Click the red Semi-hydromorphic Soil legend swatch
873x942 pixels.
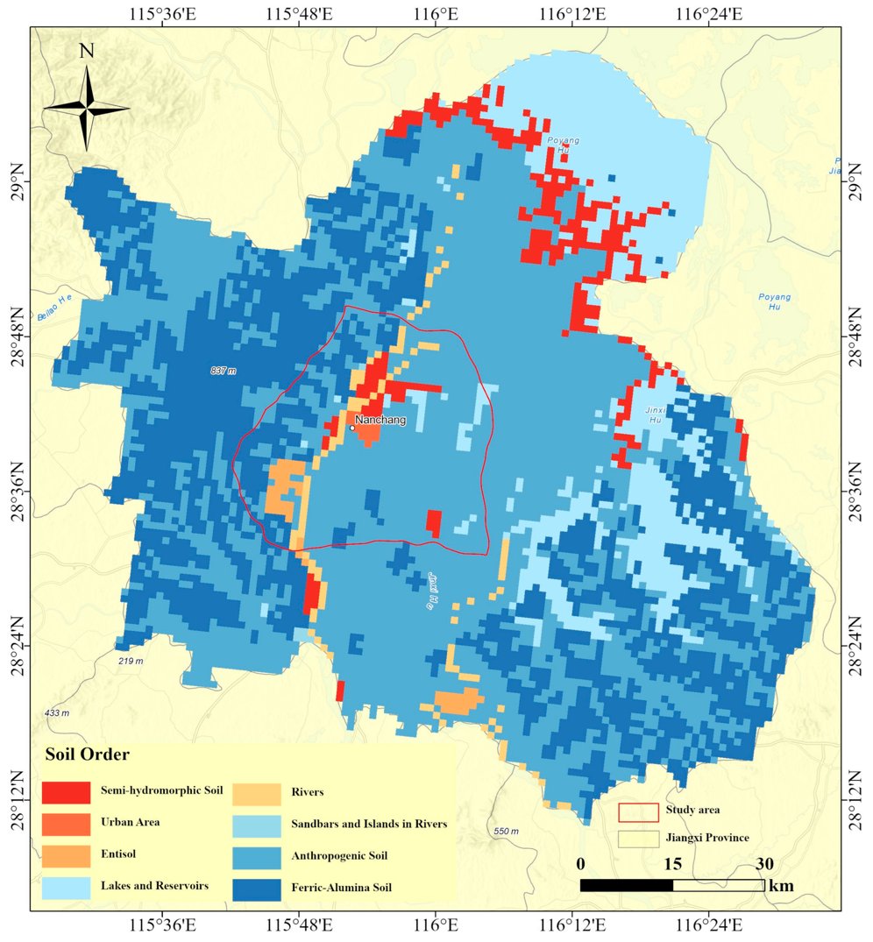pyautogui.click(x=66, y=792)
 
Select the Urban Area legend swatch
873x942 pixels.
pyautogui.click(x=66, y=824)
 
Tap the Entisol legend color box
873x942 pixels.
pyautogui.click(x=66, y=854)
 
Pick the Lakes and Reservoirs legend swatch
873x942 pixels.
pyautogui.click(x=66, y=887)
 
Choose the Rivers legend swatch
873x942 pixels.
pyautogui.click(x=255, y=792)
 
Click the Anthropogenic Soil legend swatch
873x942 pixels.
pyautogui.click(x=255, y=855)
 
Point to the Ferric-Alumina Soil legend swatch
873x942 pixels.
pyautogui.click(x=255, y=887)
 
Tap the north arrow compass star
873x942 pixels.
pyautogui.click(x=87, y=108)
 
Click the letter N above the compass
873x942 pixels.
pyautogui.click(x=86, y=51)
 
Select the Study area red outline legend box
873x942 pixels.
pyautogui.click(x=637, y=811)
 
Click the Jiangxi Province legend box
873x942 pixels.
pyautogui.click(x=637, y=839)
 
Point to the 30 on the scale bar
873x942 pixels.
pyautogui.click(x=764, y=864)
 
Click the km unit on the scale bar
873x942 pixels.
pyautogui.click(x=781, y=886)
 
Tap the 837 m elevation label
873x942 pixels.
pyautogui.click(x=224, y=371)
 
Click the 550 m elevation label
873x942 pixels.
pyautogui.click(x=507, y=831)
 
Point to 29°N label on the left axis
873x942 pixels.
pyautogui.click(x=16, y=181)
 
